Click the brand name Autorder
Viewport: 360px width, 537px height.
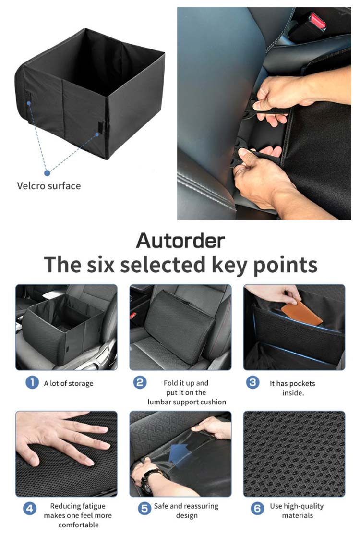tap(180, 241)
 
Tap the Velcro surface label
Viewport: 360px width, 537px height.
tap(49, 186)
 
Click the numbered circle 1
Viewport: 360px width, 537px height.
tap(32, 382)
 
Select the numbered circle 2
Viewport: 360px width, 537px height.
tap(140, 382)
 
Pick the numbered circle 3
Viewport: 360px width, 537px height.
tap(252, 382)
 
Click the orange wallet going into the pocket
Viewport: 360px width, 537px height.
tap(301, 313)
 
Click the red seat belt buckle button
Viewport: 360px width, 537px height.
tap(317, 21)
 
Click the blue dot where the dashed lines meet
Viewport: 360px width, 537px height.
tap(47, 173)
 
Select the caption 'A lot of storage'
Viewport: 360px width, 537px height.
tap(69, 384)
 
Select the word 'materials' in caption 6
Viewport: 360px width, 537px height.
tap(298, 515)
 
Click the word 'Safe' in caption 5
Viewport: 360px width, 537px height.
tap(161, 506)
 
